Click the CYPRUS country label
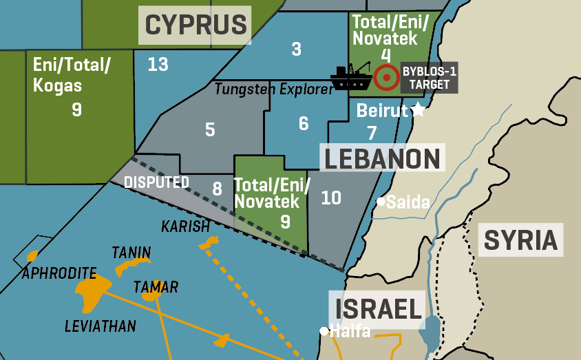196,25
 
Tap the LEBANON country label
382,158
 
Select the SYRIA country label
520,240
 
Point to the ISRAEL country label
378,309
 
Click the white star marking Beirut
417,110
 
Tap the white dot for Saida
380,202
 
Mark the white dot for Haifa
324,331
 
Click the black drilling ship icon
351,77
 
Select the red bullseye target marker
387,78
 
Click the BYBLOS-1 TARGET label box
429,78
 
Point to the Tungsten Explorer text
269,88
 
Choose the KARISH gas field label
184,226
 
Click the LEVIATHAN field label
101,326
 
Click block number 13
158,65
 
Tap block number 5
210,129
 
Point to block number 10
331,198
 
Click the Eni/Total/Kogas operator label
72,75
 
